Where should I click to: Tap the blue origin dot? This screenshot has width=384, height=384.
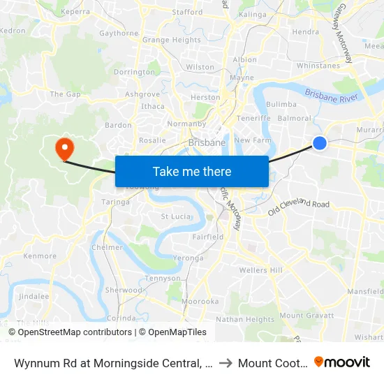[320, 142]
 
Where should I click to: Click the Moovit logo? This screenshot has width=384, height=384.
[342, 362]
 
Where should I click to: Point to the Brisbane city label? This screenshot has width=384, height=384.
[207, 142]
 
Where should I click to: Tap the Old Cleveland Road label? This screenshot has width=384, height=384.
[298, 204]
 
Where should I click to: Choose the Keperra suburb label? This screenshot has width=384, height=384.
[75, 12]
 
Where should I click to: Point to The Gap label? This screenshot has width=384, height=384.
[65, 94]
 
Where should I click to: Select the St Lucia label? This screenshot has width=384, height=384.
[176, 216]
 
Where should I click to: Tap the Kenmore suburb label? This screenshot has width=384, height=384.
[40, 256]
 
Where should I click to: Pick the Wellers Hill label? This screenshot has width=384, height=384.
[260, 270]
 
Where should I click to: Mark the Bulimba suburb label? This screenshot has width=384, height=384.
[281, 104]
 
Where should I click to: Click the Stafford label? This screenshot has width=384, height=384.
[187, 12]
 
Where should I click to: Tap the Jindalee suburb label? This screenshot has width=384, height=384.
[34, 296]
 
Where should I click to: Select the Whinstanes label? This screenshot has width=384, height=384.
[318, 66]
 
